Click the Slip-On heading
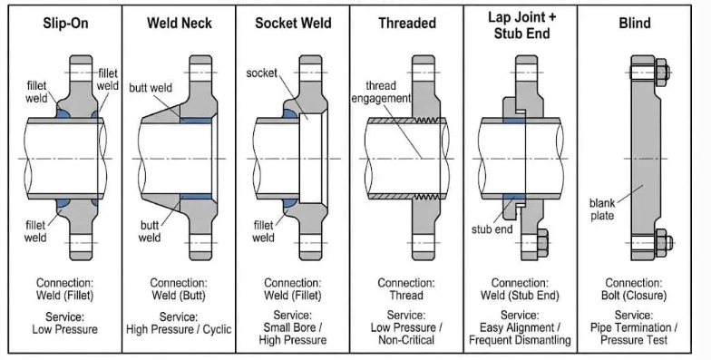pos(65,24)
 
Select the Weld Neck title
pos(180,24)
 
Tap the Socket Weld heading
pos(293,24)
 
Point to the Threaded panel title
pos(407,24)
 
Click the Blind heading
pos(635,24)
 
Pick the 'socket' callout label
pos(261,73)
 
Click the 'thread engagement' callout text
pos(381,92)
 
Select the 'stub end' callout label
pos(492,229)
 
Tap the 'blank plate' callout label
pos(602,209)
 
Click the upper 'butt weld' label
pos(151,87)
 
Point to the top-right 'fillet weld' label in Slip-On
pos(108,80)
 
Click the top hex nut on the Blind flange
pos(662,73)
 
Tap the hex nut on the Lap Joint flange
pos(542,243)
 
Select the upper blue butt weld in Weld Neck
pos(196,121)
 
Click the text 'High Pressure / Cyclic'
pos(179,329)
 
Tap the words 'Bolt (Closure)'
pos(634,296)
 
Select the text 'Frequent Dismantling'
pos(520,340)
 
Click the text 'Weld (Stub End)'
pos(520,296)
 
